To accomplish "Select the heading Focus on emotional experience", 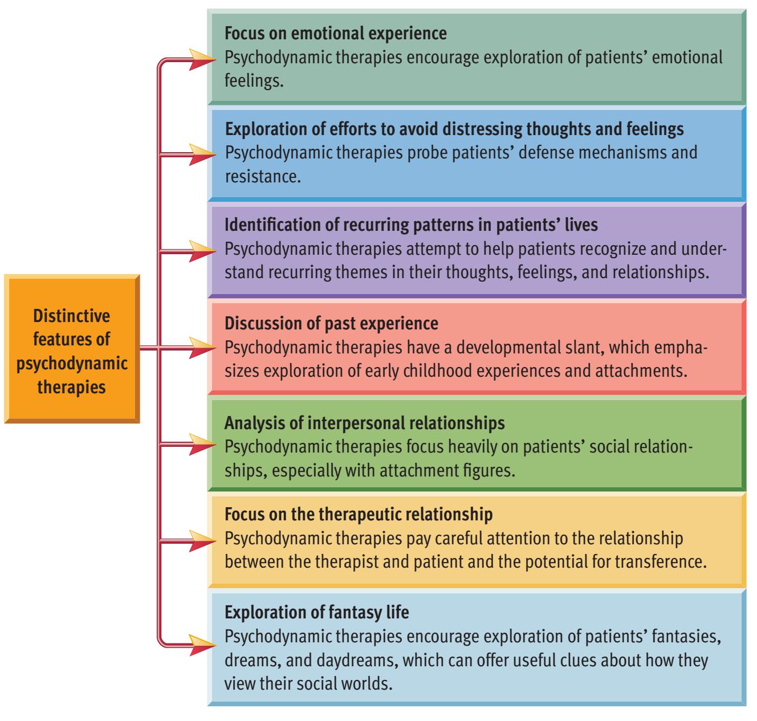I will pos(336,34).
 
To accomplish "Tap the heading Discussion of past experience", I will pos(332,324).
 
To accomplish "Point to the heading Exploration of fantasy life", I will pos(317,613).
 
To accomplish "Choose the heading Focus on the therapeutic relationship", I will pos(359,515).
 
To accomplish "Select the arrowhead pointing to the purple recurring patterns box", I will pos(203,250).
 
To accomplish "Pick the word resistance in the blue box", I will pos(262,176).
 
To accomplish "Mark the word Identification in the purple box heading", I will pos(266,225).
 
